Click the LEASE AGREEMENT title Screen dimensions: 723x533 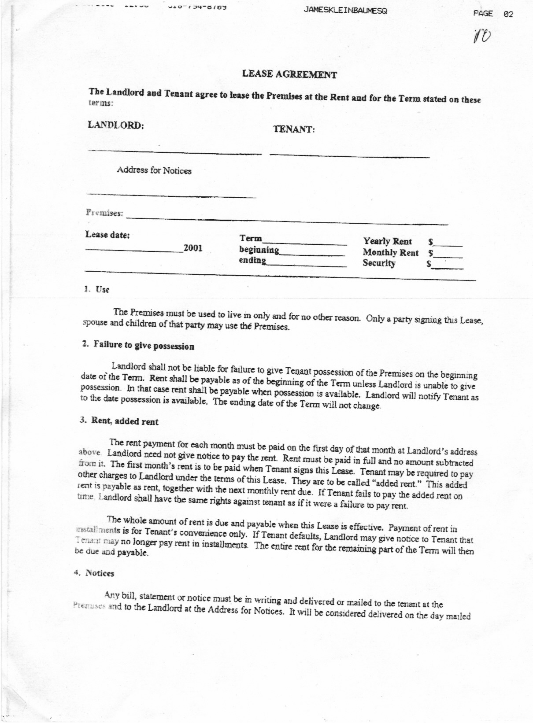click(x=289, y=74)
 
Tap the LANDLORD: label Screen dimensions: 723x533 click(x=116, y=125)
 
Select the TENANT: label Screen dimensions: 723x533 click(x=294, y=129)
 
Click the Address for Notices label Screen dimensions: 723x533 click(x=154, y=170)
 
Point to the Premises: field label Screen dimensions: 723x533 click(x=104, y=213)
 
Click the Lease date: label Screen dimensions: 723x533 click(x=107, y=235)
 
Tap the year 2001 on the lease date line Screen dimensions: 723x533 click(x=193, y=248)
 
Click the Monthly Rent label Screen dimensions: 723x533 click(x=390, y=253)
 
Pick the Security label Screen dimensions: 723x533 click(x=379, y=263)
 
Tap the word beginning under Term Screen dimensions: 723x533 click(x=259, y=250)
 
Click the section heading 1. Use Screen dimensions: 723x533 click(x=97, y=289)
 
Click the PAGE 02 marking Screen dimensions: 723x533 click(x=493, y=14)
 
